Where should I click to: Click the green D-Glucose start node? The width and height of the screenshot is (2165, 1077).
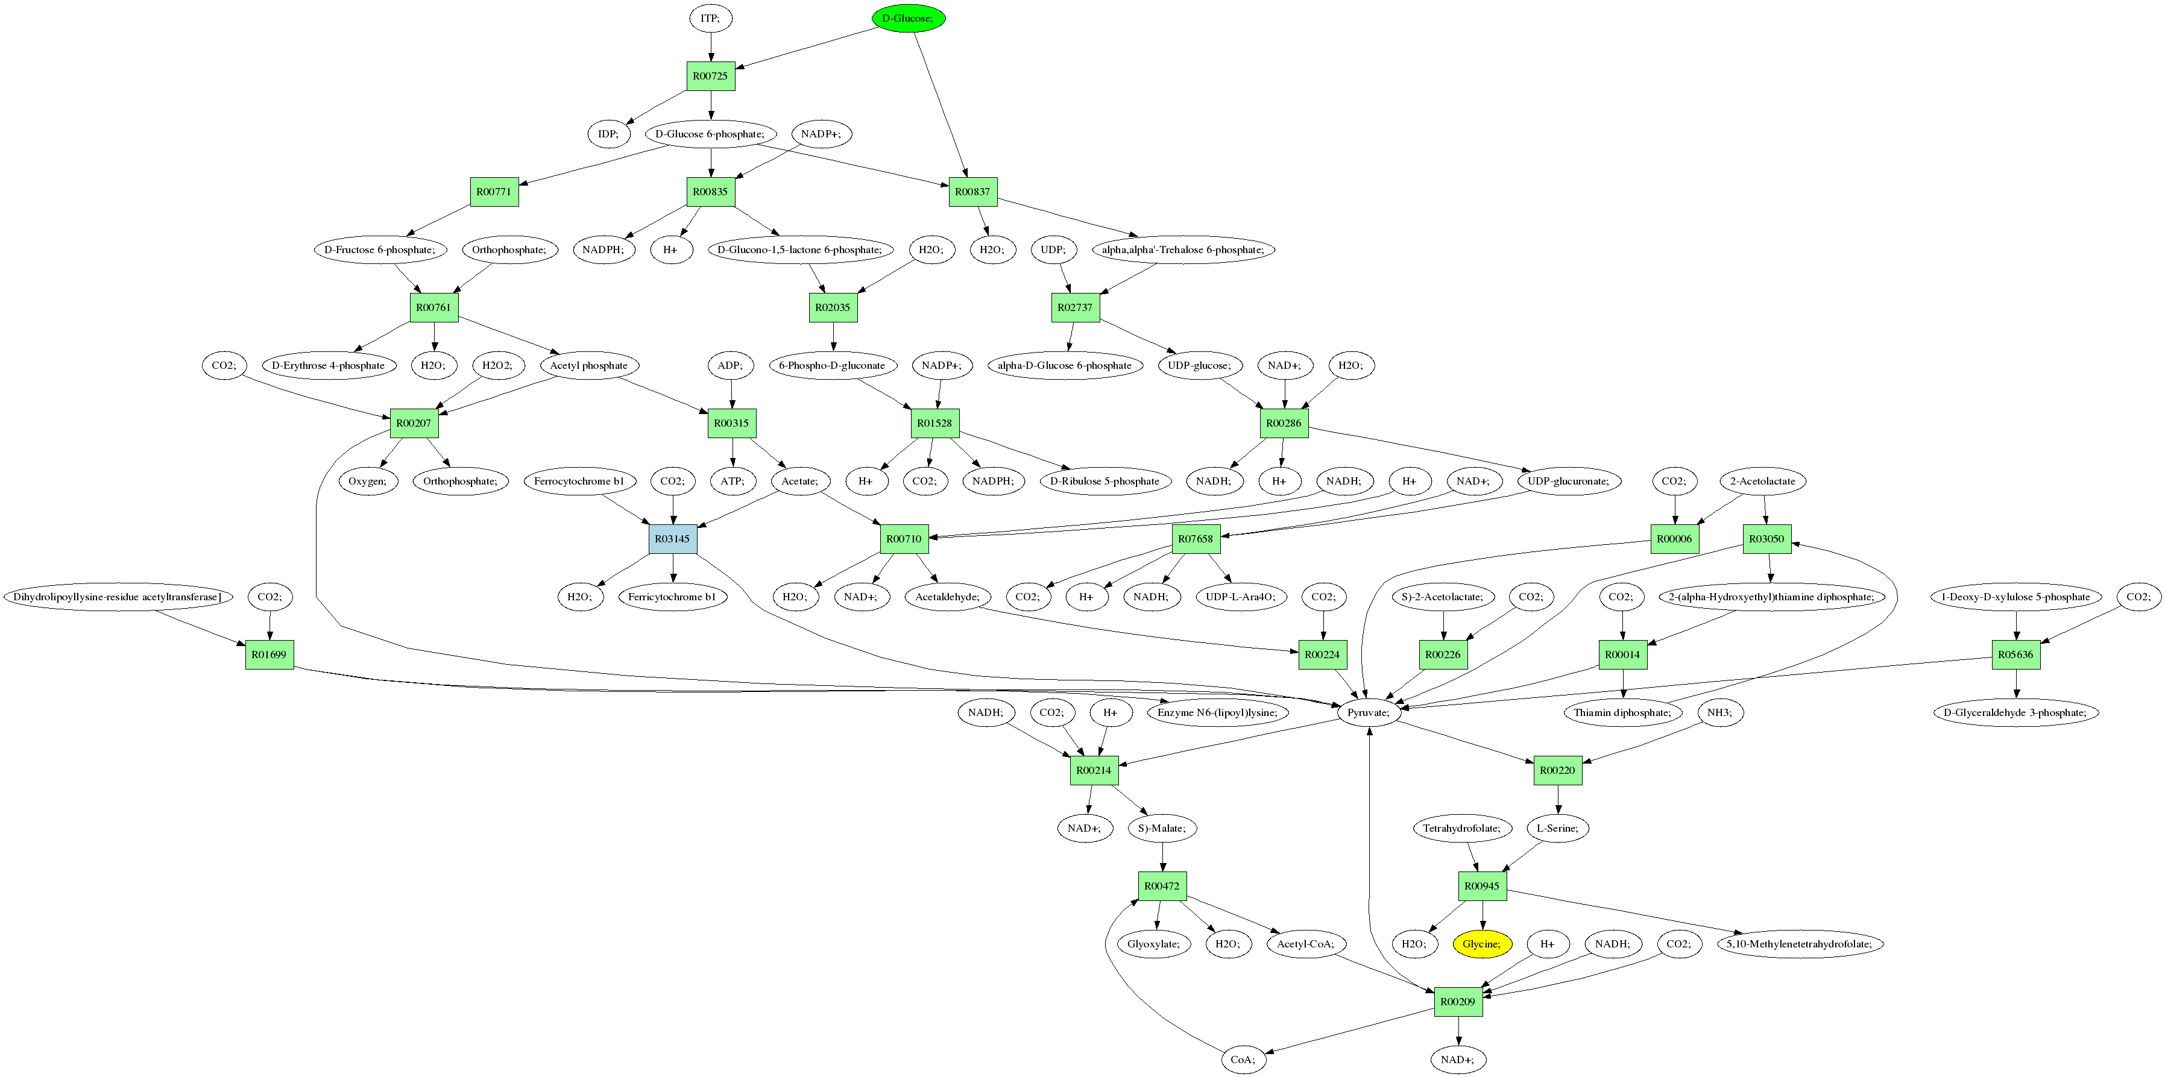908,17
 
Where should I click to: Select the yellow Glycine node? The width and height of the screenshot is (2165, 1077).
1482,943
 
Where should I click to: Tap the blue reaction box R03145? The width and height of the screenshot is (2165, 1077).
672,539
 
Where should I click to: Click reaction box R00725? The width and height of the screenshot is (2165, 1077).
710,75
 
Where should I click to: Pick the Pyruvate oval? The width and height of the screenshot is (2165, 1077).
1368,712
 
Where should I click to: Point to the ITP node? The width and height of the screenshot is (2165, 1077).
710,17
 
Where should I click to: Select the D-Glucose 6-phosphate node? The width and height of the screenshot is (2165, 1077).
710,134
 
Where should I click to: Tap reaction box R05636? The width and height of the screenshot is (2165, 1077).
2015,655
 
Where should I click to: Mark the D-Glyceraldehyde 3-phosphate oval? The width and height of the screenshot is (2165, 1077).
2015,712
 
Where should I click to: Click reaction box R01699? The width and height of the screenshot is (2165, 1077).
269,655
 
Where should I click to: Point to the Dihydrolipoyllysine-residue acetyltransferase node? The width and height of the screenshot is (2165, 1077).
118,597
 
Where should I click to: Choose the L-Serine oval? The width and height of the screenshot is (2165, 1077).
1557,827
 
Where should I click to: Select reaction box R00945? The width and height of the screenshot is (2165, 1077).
1482,885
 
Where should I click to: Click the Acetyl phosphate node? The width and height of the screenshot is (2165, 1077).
588,365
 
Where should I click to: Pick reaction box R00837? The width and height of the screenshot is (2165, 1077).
972,192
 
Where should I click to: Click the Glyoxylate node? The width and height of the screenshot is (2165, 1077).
1154,943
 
